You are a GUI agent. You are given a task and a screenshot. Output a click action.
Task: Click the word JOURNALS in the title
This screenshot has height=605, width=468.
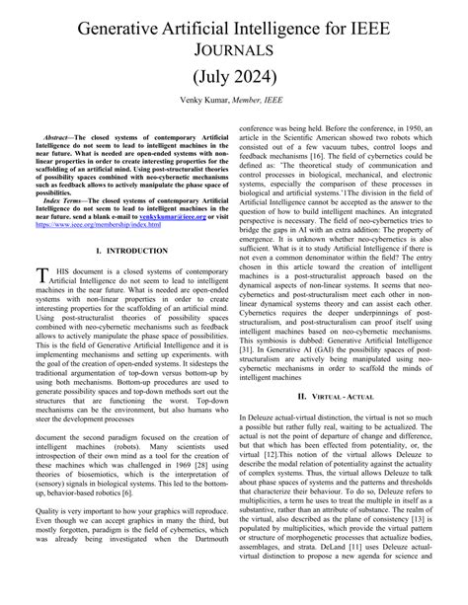[x=234, y=49]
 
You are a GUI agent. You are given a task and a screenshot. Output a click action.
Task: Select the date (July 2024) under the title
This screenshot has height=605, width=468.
[x=234, y=77]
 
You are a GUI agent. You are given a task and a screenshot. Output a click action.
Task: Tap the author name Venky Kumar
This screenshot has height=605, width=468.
[x=204, y=102]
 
